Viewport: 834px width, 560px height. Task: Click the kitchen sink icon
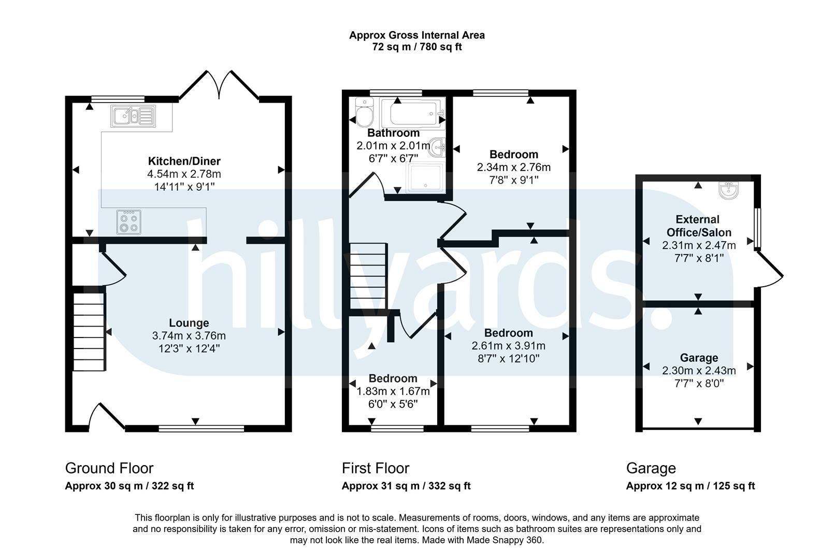[x=133, y=116]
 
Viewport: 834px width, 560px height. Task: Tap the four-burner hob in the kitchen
[x=129, y=222]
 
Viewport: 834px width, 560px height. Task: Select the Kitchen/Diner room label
[x=184, y=161]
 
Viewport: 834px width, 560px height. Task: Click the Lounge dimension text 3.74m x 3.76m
[x=189, y=335]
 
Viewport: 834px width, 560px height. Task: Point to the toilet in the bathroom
[x=365, y=112]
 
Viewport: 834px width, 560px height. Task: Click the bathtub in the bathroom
[x=413, y=111]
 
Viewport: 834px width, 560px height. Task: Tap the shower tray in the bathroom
[x=427, y=178]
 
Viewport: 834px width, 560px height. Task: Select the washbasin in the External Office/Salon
[x=729, y=190]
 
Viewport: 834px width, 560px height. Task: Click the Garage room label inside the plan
[x=699, y=358]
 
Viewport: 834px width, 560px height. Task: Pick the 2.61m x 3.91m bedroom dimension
[x=509, y=346]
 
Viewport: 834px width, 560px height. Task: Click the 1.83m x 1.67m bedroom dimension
[x=393, y=391]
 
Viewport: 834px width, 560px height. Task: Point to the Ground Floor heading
[x=109, y=468]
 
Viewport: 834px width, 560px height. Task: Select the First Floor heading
[x=375, y=468]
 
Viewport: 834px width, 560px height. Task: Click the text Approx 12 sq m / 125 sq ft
[x=691, y=486]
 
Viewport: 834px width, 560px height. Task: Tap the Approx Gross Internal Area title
[x=417, y=35]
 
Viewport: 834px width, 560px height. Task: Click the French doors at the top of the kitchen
[x=219, y=85]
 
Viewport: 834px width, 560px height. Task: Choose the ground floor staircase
[x=89, y=332]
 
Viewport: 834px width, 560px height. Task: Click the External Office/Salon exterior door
[x=769, y=270]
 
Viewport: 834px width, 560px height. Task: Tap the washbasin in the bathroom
[x=437, y=148]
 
